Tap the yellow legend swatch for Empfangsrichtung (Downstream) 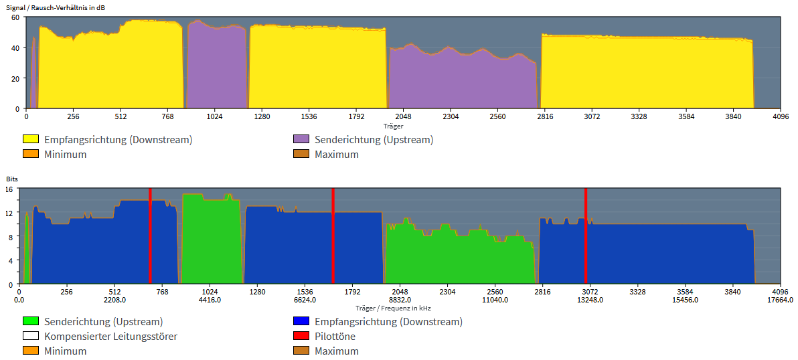click(x=31, y=140)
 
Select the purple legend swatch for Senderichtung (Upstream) click(x=301, y=140)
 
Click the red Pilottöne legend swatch click(x=301, y=337)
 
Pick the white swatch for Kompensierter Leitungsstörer click(x=31, y=337)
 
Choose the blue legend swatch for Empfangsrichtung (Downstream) click(x=301, y=322)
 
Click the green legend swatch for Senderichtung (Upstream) click(x=31, y=322)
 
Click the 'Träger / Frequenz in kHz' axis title click(x=393, y=308)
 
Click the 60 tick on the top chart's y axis click(x=15, y=17)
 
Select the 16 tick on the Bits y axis click(x=10, y=189)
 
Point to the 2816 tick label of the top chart click(x=545, y=116)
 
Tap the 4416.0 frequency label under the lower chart click(x=210, y=300)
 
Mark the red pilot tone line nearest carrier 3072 click(x=586, y=234)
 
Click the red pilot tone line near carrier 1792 click(x=333, y=234)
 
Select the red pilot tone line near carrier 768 click(x=150, y=234)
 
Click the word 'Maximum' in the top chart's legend click(x=337, y=155)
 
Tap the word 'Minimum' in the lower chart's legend click(x=66, y=351)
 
